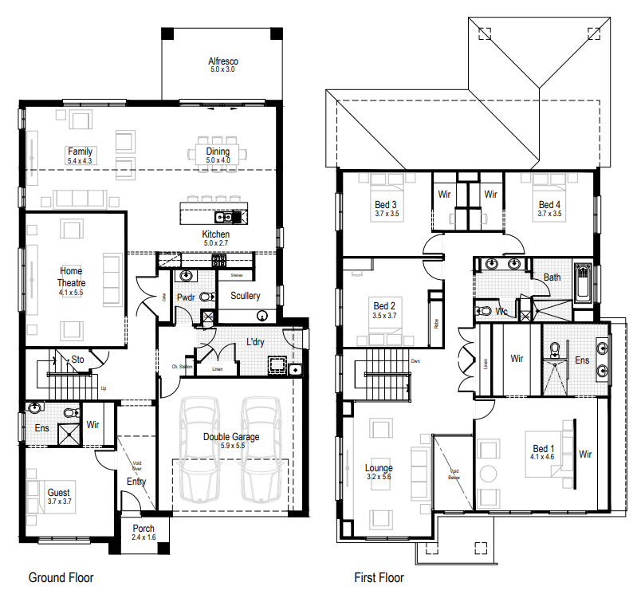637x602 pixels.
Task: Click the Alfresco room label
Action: (x=223, y=61)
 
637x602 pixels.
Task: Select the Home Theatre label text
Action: (x=71, y=277)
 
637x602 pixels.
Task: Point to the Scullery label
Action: (x=245, y=296)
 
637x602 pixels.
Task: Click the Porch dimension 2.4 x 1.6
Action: (x=144, y=537)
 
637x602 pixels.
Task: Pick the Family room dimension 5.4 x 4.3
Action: (x=80, y=161)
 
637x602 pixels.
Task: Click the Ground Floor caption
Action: (x=61, y=577)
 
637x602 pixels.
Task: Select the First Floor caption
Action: (x=379, y=577)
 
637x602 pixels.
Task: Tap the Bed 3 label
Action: (x=386, y=204)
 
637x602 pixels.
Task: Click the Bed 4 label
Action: (x=549, y=204)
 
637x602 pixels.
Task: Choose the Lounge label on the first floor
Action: (x=379, y=467)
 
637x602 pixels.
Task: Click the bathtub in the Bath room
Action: (x=584, y=283)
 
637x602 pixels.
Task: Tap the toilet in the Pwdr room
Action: (x=207, y=297)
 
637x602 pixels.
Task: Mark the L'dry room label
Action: (x=255, y=342)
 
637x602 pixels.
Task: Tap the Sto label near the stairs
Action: (x=77, y=360)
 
